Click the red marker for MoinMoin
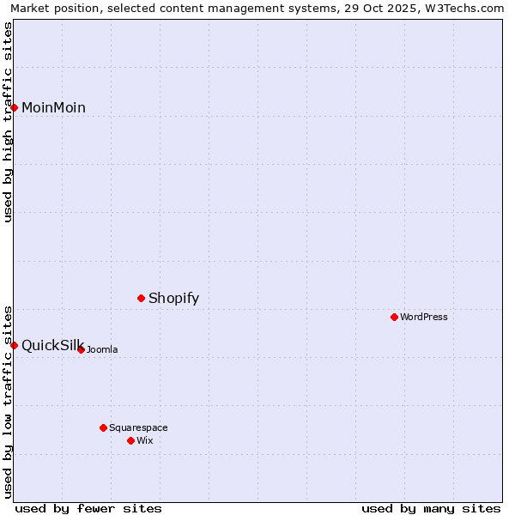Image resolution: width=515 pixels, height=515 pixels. [x=15, y=107]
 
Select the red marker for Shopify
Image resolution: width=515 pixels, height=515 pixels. [x=142, y=298]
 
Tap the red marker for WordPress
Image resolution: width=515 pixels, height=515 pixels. [x=394, y=317]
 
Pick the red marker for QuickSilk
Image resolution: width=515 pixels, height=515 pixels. [x=15, y=345]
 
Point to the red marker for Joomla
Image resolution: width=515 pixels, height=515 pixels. [x=81, y=349]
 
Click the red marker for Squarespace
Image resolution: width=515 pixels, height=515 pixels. [x=103, y=427]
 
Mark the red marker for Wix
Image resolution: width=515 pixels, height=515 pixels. [x=130, y=440]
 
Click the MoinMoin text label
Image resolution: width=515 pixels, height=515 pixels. [x=53, y=107]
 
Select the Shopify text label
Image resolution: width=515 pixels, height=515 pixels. [x=173, y=298]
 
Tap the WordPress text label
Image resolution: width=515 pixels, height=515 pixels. [x=424, y=317]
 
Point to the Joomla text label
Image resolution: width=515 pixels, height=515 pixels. [x=102, y=349]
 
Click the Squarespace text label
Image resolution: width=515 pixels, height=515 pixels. [x=138, y=427]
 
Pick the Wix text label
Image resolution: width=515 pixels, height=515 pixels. [x=145, y=440]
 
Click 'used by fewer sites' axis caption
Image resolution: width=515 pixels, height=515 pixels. [x=88, y=508]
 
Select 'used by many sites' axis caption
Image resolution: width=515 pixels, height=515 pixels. [x=431, y=508]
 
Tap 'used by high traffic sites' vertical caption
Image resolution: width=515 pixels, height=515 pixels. [x=8, y=122]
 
